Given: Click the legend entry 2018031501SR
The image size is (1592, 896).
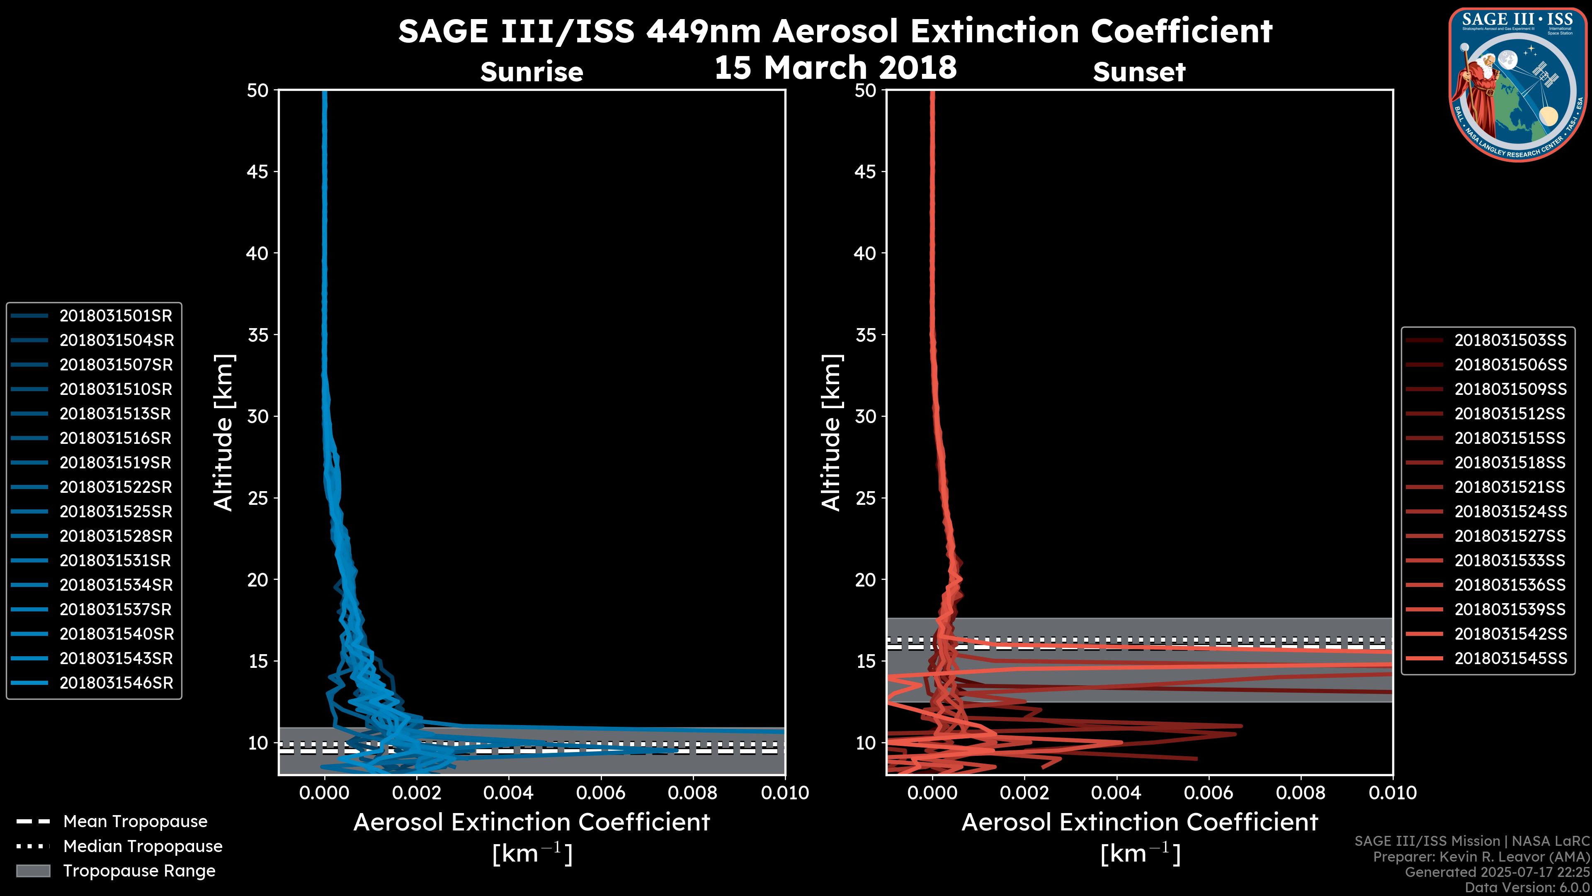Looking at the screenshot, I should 116,316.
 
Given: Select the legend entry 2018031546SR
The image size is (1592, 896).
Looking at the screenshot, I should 116,683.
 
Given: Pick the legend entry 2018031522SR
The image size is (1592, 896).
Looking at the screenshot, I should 116,487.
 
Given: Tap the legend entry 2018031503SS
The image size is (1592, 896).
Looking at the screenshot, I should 1510,341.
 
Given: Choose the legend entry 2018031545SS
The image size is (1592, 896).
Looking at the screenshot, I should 1510,659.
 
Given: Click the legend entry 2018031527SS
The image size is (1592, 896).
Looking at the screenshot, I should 1510,536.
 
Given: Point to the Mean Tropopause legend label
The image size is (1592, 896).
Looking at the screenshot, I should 135,822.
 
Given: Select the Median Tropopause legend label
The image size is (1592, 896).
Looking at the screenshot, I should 143,847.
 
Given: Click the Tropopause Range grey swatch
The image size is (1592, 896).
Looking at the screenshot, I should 33,871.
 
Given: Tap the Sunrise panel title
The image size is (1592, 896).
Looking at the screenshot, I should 531,72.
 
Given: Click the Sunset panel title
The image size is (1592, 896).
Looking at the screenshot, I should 1139,72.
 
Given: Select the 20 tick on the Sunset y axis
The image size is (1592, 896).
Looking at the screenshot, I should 865,580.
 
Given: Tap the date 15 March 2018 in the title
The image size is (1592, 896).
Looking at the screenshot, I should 835,67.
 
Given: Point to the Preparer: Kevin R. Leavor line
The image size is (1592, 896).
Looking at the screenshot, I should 1481,857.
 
